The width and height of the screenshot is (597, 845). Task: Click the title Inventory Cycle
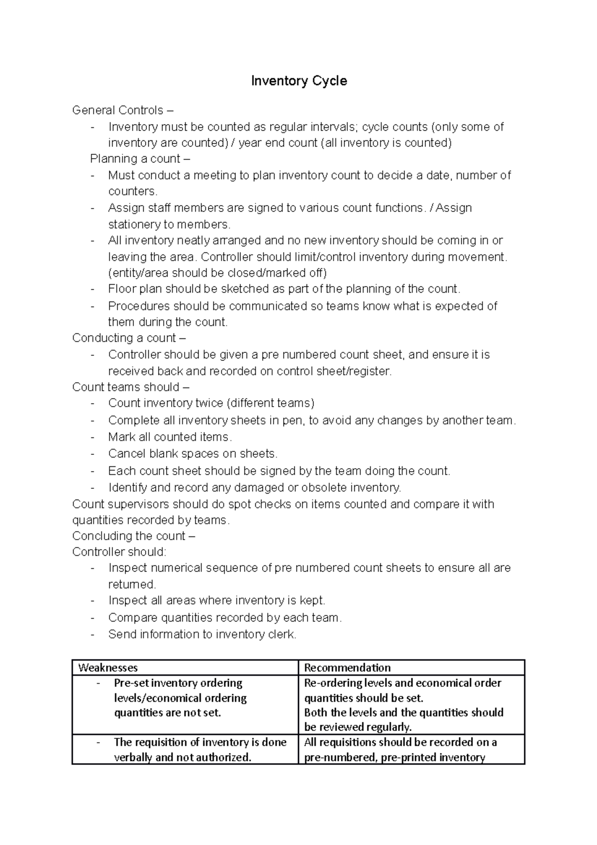click(298, 81)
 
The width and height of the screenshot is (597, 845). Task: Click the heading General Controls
click(118, 110)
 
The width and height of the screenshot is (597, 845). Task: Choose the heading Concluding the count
click(128, 536)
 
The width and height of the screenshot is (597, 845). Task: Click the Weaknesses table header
click(108, 668)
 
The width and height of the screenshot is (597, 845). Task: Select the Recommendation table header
click(347, 668)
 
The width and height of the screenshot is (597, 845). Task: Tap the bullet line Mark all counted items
click(170, 437)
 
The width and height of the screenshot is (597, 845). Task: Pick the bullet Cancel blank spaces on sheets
click(193, 454)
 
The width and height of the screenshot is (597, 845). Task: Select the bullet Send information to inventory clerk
click(202, 634)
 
